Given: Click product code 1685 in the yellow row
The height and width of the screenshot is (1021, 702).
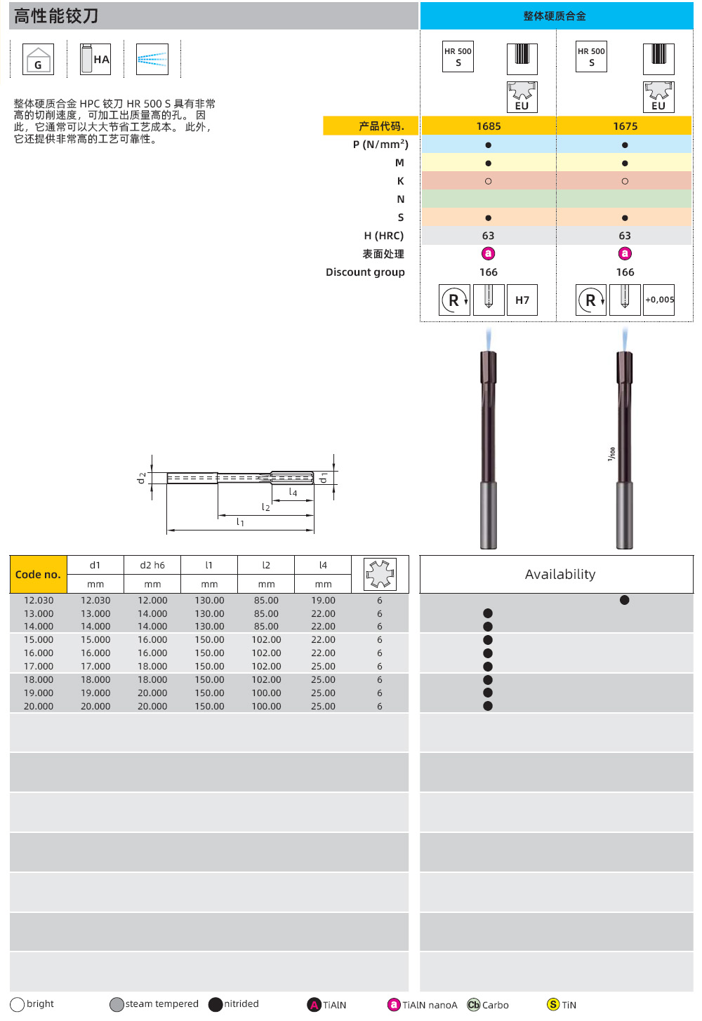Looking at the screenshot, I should coord(489,126).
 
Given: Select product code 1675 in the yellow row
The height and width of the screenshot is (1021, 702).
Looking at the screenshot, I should coord(625,126).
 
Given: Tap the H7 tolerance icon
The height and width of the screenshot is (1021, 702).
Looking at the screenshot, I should coord(522,300).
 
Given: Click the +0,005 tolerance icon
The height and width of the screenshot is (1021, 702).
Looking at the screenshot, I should coord(659,300).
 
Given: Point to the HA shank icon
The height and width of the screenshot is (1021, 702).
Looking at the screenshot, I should coord(95,60).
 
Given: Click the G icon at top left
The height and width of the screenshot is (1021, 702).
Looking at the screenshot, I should coord(38,60).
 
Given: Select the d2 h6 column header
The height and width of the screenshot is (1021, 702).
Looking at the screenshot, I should coord(152,565).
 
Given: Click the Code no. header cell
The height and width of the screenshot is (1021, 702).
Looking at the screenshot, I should coord(38,575).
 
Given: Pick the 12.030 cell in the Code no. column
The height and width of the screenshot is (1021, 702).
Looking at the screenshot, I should coord(39,601).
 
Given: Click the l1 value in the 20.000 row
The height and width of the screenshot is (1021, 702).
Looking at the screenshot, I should coord(209,707).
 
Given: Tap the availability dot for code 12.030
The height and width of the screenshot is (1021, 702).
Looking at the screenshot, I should coord(624,600).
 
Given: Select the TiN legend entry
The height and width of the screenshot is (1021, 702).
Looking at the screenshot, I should coord(562,1005).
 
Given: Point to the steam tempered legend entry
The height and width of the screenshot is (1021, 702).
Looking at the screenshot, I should coord(154,1004).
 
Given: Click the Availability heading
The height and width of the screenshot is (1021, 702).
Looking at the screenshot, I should coord(559,575).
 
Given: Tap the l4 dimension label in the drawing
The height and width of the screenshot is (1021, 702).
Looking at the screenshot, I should coord(293,493).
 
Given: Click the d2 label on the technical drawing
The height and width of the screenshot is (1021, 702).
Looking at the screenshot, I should coord(142,478).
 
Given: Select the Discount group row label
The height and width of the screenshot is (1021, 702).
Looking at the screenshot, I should coord(365,272).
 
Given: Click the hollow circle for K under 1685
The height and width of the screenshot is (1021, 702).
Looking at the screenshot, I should coord(488,181).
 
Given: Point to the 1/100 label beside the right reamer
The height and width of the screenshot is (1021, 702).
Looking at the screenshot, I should coord(611,454).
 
